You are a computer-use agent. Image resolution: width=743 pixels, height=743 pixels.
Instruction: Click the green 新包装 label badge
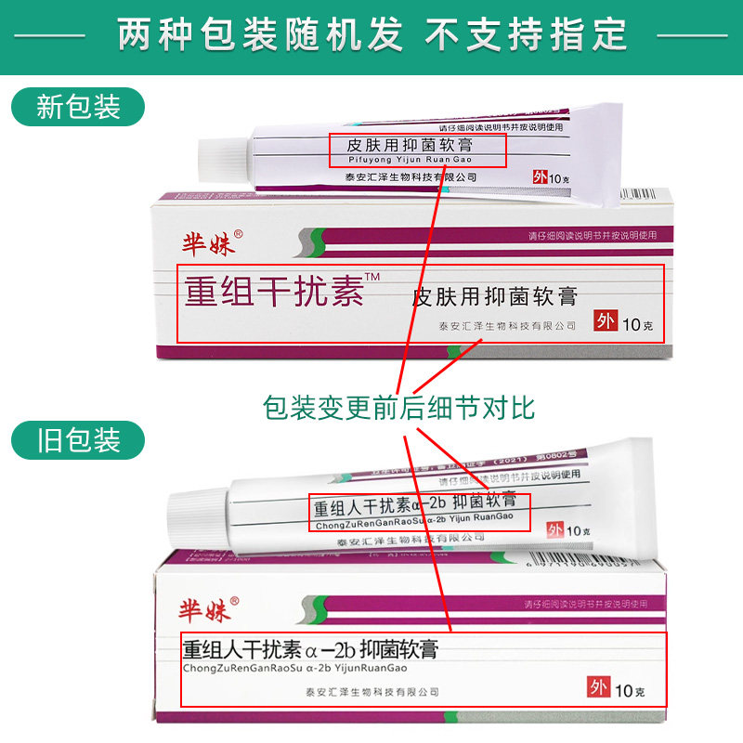coord(78,107)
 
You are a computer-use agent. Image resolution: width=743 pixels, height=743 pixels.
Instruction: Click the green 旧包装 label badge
coord(78,439)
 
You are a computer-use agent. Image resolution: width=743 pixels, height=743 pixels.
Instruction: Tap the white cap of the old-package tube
coord(196,510)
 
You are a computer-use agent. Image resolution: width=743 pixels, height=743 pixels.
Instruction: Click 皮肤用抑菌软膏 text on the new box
coord(494,296)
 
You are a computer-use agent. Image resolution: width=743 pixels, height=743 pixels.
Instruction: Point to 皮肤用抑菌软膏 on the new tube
coord(411,145)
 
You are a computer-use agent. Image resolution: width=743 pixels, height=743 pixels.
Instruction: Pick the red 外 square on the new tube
coord(539,178)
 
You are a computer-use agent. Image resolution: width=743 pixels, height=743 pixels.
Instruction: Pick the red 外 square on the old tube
coord(554,530)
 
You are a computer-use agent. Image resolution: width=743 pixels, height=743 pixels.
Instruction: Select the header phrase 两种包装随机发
coord(260,35)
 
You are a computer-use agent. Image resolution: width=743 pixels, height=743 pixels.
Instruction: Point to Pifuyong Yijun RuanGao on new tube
coord(397,160)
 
